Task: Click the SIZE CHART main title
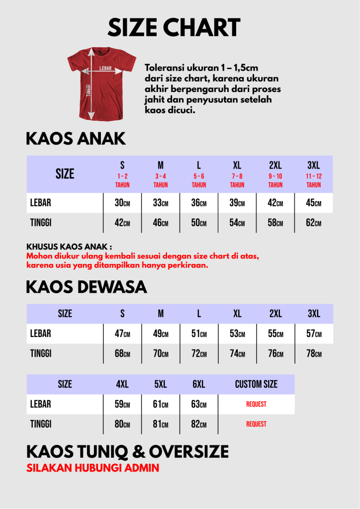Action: tap(174, 27)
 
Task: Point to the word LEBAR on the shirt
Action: tap(105, 68)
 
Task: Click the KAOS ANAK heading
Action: tap(76, 139)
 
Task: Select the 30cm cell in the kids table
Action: tap(122, 203)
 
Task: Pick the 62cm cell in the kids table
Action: tap(313, 223)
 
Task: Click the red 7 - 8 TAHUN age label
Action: tap(237, 180)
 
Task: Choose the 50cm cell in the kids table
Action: tap(199, 223)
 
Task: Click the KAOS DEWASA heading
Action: tap(86, 287)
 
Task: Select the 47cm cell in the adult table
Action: tap(122, 334)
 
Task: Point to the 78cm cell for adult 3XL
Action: tap(314, 353)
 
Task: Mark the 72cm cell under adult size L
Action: tap(199, 353)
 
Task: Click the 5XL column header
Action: tap(161, 384)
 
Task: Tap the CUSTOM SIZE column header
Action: tap(256, 384)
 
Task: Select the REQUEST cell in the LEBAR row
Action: tap(256, 404)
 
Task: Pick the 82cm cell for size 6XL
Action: tap(199, 424)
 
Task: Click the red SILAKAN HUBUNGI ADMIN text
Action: tap(92, 468)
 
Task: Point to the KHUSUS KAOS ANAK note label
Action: tap(69, 246)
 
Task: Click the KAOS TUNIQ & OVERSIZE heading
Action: tap(127, 451)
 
